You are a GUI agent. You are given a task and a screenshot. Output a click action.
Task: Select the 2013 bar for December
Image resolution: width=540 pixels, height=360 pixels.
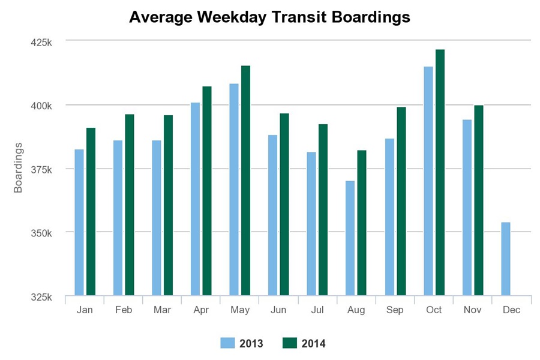coord(506,259)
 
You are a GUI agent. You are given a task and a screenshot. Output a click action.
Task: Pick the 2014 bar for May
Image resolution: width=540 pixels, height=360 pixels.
coord(246,180)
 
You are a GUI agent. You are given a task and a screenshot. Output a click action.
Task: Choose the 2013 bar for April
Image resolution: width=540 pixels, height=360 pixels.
coord(195,199)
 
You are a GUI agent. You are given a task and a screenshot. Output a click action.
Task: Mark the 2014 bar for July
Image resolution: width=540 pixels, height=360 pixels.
coord(323,209)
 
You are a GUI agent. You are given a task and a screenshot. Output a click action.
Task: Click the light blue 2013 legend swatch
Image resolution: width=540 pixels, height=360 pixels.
coord(227,343)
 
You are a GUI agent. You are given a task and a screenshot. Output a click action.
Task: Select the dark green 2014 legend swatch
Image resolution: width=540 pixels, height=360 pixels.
coord(289,343)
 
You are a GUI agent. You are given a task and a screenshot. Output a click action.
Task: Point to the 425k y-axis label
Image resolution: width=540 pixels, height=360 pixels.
coord(42,42)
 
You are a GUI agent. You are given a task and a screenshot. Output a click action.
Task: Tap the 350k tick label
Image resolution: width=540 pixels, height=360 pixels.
coord(42,233)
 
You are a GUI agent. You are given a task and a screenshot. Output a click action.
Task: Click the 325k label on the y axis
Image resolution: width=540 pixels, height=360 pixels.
coord(42,296)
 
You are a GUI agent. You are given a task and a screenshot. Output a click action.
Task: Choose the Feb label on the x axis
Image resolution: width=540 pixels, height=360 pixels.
coord(124,310)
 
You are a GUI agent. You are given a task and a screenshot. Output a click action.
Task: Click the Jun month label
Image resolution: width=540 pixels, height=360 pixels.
coord(278,310)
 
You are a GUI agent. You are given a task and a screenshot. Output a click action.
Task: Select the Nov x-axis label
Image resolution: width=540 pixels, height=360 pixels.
coord(472,310)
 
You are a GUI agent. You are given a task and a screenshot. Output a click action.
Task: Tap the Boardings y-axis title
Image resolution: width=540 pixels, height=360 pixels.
coord(18,168)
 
